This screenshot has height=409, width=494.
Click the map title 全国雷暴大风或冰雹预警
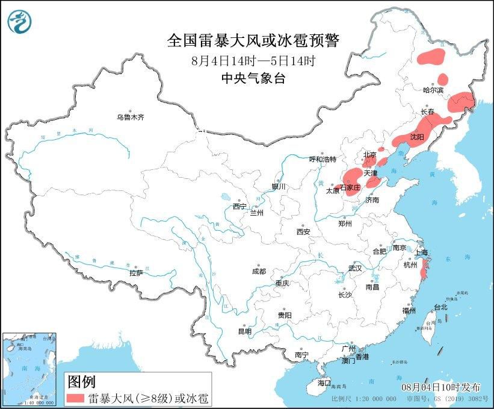click(253, 41)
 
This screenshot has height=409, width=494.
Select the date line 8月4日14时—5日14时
click(253, 61)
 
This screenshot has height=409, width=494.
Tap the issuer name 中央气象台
click(253, 78)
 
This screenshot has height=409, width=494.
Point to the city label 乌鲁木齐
click(131, 117)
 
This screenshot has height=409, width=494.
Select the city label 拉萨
click(136, 273)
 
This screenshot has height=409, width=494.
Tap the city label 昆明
click(245, 331)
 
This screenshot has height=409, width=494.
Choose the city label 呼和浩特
click(326, 159)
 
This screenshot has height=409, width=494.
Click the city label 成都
click(259, 271)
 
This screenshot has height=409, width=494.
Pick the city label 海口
click(324, 382)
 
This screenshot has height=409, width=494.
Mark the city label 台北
click(440, 307)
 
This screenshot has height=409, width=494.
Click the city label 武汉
click(356, 268)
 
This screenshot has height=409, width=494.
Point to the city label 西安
click(303, 231)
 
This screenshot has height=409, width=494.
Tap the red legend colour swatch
click(75, 398)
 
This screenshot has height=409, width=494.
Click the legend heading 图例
click(81, 381)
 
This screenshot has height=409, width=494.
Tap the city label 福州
click(410, 311)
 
